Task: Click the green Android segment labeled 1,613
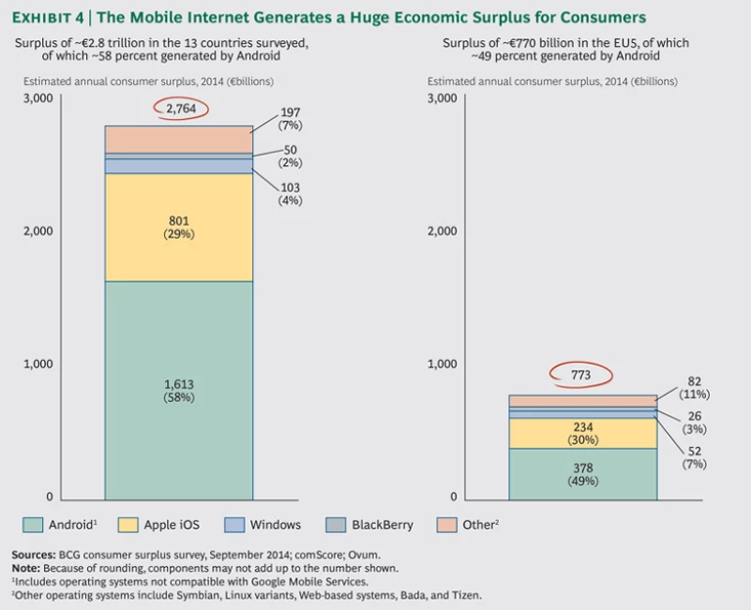[179, 389]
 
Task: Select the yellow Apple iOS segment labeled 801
[179, 227]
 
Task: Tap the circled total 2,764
[181, 109]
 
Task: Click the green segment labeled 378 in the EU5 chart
[584, 474]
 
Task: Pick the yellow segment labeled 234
[584, 433]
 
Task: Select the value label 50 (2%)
[290, 156]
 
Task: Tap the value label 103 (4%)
[290, 194]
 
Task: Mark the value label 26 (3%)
[694, 422]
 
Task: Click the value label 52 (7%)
[694, 457]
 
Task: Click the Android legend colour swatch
[32, 525]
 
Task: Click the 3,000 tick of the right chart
[442, 99]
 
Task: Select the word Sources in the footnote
[32, 554]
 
